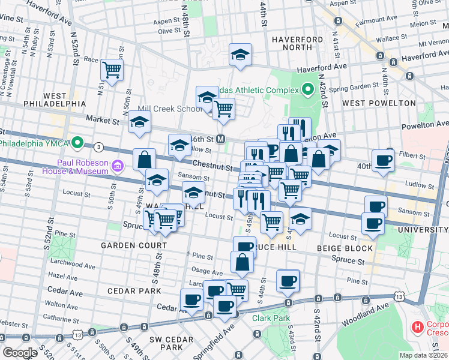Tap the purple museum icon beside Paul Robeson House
click(118, 164)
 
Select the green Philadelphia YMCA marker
click(77, 143)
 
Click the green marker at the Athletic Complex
click(308, 91)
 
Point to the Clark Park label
click(271, 318)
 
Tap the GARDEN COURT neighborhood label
click(134, 245)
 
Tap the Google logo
click(20, 353)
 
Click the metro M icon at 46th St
click(221, 139)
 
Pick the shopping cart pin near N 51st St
click(112, 70)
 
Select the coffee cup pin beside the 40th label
click(384, 160)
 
